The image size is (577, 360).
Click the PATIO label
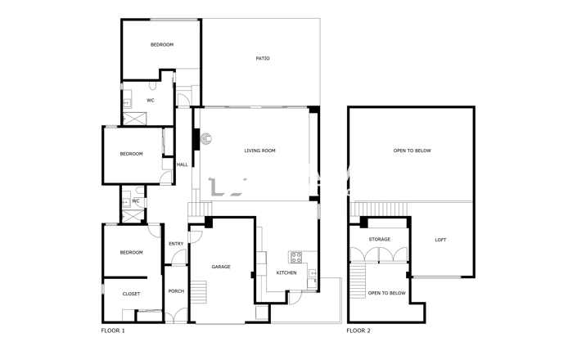263,59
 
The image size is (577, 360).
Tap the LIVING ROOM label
259,151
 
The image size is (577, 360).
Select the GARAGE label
221,267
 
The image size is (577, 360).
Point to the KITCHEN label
286,272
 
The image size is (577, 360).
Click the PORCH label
176,291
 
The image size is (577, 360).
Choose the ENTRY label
176,244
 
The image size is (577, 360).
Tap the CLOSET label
131,294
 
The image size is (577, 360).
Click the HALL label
182,164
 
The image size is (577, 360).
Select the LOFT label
440,240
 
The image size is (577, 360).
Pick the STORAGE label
379,240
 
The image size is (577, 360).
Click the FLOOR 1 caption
113,331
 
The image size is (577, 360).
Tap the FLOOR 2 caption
358,331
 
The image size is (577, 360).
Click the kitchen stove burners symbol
296,256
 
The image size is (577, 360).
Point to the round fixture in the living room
207,138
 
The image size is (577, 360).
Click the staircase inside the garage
201,290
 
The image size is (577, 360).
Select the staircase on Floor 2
357,283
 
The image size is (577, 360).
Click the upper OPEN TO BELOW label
412,151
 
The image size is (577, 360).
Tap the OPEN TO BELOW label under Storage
386,293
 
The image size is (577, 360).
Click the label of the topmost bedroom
162,44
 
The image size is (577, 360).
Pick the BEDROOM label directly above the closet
131,252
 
